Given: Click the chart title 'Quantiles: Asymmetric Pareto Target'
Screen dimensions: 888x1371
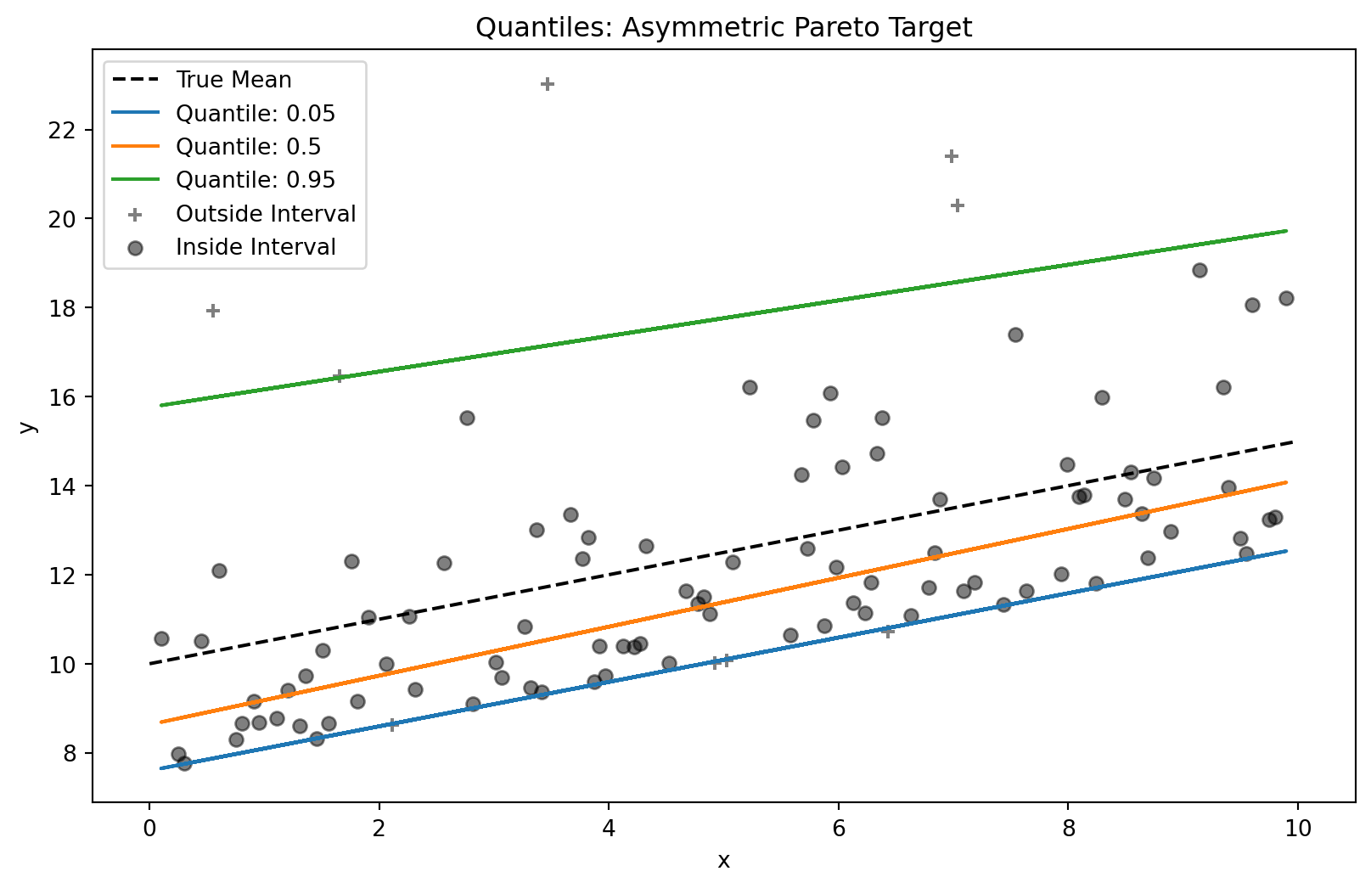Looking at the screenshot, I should [723, 28].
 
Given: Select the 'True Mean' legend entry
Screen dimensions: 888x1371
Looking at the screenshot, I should [233, 80].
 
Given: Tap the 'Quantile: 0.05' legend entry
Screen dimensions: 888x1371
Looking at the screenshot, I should [255, 114].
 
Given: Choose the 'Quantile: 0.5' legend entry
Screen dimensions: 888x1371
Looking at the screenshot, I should [248, 147].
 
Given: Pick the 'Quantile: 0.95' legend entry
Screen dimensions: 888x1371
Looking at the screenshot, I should [255, 180].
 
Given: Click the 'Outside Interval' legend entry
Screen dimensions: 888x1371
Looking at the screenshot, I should [265, 214].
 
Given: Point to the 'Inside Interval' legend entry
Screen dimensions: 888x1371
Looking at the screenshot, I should [256, 247].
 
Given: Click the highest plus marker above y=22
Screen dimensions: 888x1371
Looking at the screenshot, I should [548, 84].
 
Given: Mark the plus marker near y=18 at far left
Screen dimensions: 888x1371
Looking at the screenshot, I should [213, 311].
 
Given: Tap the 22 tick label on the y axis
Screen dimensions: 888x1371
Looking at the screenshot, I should [65, 130].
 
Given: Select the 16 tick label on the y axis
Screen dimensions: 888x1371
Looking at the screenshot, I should [65, 397].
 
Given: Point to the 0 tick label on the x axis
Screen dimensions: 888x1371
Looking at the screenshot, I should [149, 828].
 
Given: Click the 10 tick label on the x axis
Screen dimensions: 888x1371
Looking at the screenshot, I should [1298, 828].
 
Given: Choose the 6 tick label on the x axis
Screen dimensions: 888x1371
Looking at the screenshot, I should [839, 828].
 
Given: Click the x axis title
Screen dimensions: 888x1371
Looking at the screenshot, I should [723, 861].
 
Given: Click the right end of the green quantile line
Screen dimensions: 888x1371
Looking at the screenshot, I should [1286, 231].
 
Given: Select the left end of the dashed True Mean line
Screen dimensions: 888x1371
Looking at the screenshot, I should [150, 663].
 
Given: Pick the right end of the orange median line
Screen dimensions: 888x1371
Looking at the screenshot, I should [1286, 482].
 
